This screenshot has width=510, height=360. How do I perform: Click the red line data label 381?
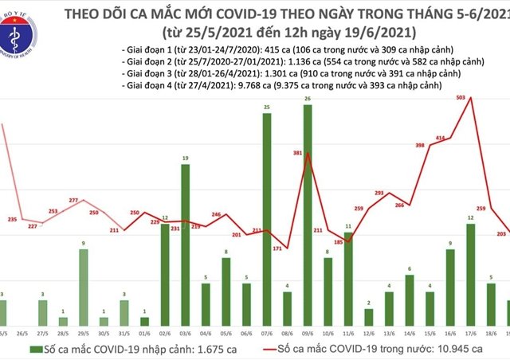pyautogui.click(x=297, y=151)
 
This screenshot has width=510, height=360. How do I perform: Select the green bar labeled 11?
pyautogui.click(x=347, y=276)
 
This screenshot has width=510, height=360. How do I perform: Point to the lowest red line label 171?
pyautogui.click(x=277, y=249)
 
